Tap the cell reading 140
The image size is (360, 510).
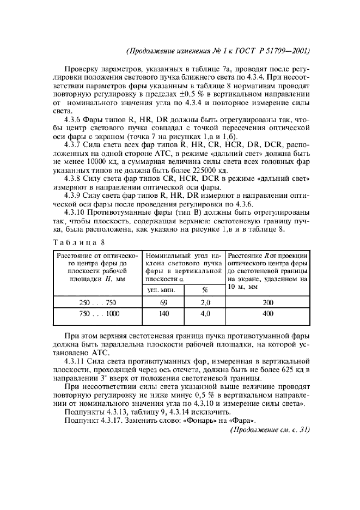pyautogui.click(x=163, y=314)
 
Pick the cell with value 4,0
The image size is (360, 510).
pyautogui.click(x=205, y=314)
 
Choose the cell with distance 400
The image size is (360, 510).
pyautogui.click(x=267, y=314)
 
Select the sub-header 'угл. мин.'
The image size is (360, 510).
pyautogui.click(x=163, y=290)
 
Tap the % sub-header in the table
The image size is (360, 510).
pyautogui.click(x=205, y=290)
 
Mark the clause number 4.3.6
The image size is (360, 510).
pyautogui.click(x=74, y=119)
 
